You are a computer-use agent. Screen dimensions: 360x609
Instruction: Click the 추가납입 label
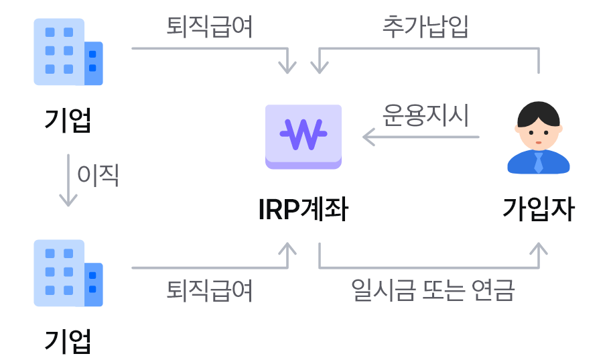tap(425, 27)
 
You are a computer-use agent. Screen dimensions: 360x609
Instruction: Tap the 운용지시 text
tap(425, 115)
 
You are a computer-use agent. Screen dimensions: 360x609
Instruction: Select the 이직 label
tap(98, 175)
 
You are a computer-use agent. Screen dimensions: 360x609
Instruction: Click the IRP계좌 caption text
tap(303, 210)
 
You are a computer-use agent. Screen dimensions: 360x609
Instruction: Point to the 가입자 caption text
tap(539, 210)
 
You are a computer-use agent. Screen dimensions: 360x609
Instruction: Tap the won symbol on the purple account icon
tap(303, 134)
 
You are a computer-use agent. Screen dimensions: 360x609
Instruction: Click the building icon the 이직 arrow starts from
tap(68, 52)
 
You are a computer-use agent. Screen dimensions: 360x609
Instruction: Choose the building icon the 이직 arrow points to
tap(68, 274)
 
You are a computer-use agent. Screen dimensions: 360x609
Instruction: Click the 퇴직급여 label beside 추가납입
tap(210, 27)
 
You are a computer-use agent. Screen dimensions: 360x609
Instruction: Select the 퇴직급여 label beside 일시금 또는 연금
tap(210, 291)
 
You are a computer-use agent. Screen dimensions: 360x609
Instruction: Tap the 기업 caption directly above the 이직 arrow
tap(68, 121)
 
